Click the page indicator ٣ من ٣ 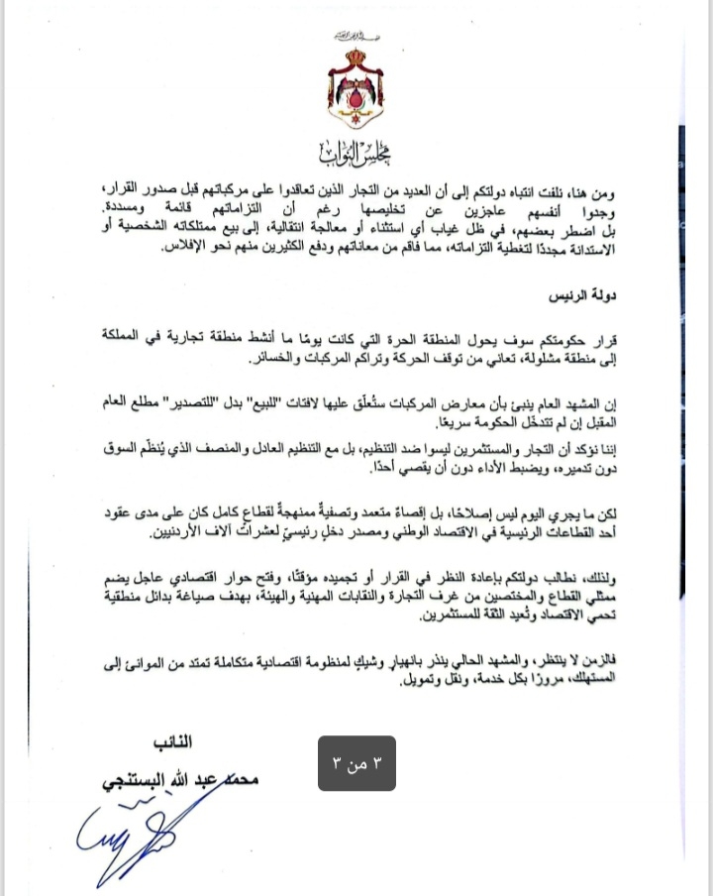click(x=356, y=763)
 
